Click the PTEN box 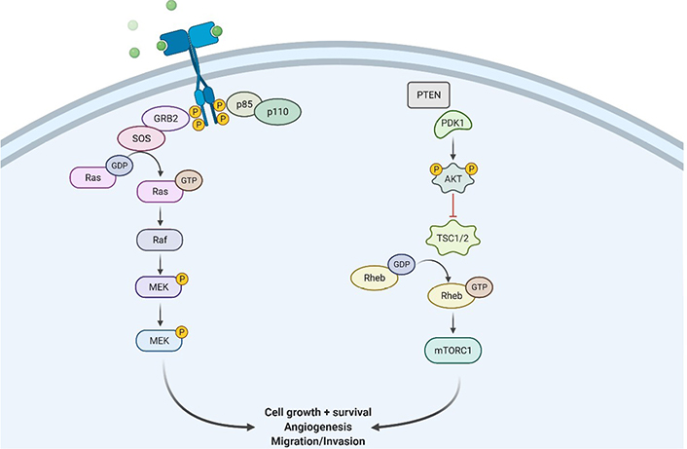click(428, 94)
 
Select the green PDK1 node click(452, 124)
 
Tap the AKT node click(453, 178)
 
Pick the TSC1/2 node click(453, 239)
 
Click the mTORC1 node click(453, 351)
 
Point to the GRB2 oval click(165, 119)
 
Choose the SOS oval click(141, 138)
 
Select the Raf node click(160, 240)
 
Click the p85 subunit click(244, 104)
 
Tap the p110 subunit click(277, 112)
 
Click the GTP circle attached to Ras click(189, 180)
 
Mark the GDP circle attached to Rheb click(401, 264)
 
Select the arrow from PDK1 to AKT click(453, 150)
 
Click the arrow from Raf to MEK click(160, 264)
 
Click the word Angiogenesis click(318, 427)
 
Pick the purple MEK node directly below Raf click(159, 286)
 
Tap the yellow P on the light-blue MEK click(182, 332)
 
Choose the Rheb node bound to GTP click(452, 295)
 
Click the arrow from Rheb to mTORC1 click(453, 322)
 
